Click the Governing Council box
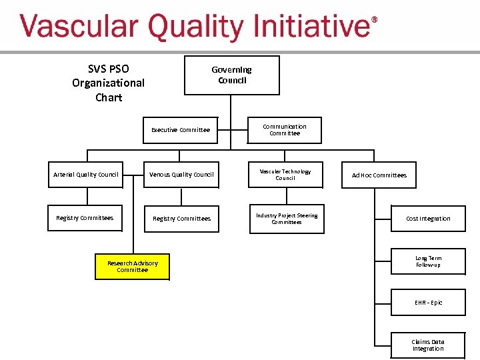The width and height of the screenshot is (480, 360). click(x=231, y=75)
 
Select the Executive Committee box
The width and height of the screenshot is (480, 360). click(x=181, y=130)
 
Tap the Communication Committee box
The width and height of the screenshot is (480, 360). click(x=285, y=130)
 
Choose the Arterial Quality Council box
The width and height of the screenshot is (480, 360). click(x=85, y=175)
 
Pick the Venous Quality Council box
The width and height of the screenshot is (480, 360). click(x=181, y=175)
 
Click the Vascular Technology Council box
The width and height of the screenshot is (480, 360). click(x=285, y=175)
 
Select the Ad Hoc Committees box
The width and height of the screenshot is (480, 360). click(x=379, y=175)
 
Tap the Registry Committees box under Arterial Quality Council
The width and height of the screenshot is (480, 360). click(x=85, y=218)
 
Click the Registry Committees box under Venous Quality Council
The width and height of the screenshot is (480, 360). click(x=181, y=219)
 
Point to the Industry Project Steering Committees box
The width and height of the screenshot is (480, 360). click(x=287, y=219)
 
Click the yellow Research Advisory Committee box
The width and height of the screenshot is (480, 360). click(x=132, y=267)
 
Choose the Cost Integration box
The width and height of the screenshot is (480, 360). click(x=428, y=219)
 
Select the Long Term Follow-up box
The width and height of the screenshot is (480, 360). click(x=428, y=262)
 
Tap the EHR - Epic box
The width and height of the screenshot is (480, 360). click(x=428, y=303)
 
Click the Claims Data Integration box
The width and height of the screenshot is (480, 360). click(x=428, y=345)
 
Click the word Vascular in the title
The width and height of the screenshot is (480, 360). click(x=79, y=28)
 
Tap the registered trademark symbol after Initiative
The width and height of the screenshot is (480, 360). click(x=374, y=20)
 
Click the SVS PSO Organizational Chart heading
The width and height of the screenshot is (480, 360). click(x=108, y=83)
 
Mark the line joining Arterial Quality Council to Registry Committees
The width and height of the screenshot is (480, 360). click(x=86, y=197)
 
